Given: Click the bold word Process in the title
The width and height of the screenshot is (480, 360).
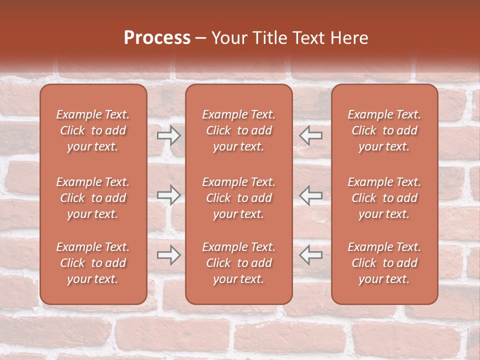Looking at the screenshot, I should tap(157, 38).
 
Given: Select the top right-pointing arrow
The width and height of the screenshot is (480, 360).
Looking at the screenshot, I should tap(168, 135).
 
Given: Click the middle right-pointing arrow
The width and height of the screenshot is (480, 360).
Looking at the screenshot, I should tap(168, 194).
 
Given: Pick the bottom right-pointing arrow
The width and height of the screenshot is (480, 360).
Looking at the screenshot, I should tap(168, 254).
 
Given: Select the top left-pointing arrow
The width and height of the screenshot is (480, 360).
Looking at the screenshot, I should tap(311, 135).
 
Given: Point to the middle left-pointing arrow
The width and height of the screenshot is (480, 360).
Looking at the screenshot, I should tap(311, 194).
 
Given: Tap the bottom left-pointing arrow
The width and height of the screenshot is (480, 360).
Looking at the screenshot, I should tap(311, 254).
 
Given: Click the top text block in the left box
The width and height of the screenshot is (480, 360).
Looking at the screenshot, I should tap(93, 130).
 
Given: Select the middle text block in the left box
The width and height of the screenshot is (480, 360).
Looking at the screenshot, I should tap(93, 198).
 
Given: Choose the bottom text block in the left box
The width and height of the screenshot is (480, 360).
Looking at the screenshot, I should tap(93, 263).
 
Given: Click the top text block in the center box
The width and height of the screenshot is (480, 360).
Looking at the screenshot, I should tap(238, 130).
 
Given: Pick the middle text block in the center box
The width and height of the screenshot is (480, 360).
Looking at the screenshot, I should tap(238, 198).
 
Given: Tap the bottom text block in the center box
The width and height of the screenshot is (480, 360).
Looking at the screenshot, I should tap(238, 263).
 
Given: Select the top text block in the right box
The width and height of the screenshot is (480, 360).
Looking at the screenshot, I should tap(384, 130).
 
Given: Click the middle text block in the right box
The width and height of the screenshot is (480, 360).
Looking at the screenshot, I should tap(384, 198).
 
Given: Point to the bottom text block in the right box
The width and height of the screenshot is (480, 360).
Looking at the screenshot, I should tap(384, 263).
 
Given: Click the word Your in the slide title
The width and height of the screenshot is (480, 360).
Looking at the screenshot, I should tap(228, 38).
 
